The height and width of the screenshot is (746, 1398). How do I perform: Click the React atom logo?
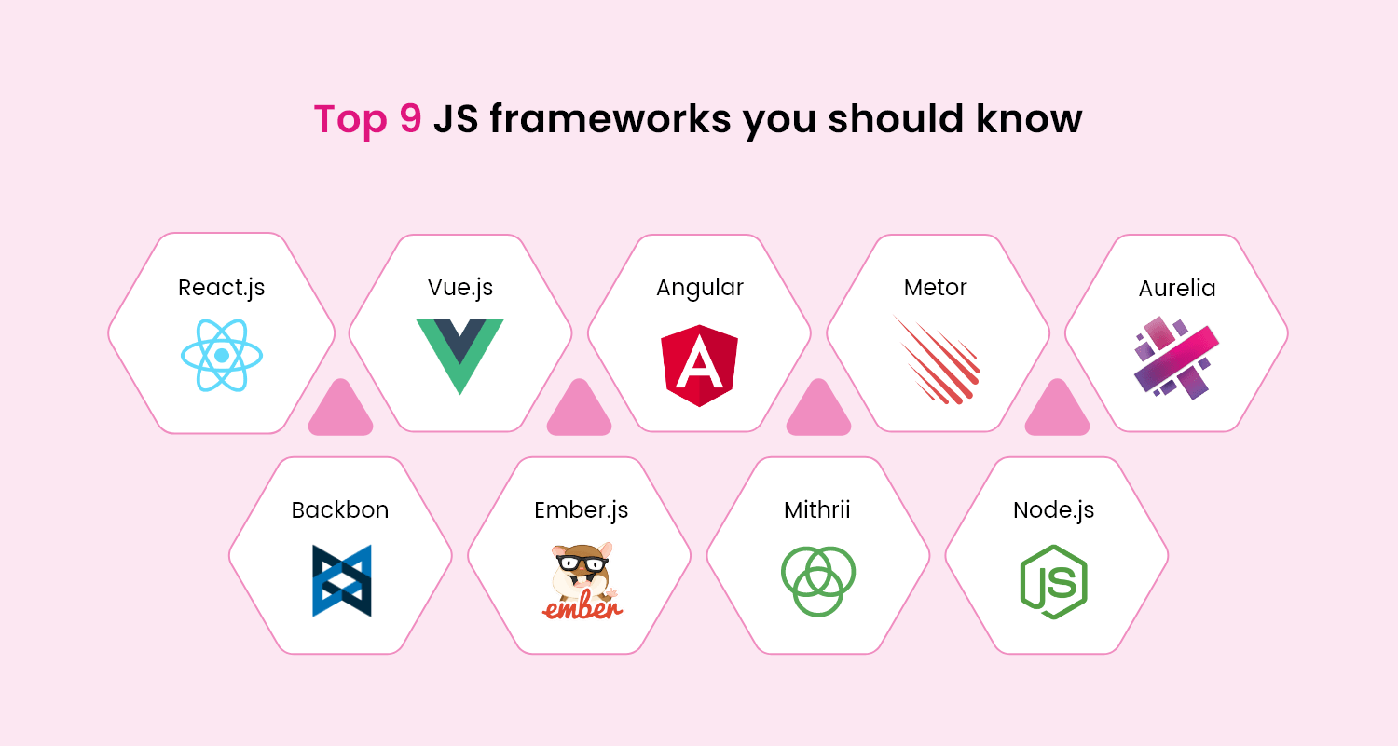click(x=222, y=356)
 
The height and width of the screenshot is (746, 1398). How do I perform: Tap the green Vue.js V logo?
click(x=460, y=356)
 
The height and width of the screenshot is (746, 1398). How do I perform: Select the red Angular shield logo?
click(x=700, y=365)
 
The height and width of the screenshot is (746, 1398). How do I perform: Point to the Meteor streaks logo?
click(x=937, y=359)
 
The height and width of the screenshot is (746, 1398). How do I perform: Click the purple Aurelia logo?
click(x=1176, y=358)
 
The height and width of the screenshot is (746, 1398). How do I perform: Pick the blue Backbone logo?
click(x=342, y=581)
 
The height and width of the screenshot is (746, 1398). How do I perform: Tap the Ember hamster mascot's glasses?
click(x=582, y=563)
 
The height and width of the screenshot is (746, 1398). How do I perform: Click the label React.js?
click(x=222, y=288)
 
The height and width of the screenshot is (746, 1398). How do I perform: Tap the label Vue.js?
click(x=460, y=288)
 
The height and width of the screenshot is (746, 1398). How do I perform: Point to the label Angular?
click(x=700, y=288)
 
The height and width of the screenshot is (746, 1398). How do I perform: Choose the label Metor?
click(x=936, y=288)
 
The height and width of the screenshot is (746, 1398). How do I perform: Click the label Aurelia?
click(x=1177, y=288)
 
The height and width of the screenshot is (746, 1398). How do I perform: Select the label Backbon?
click(x=340, y=510)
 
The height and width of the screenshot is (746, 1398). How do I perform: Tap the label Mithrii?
click(x=817, y=510)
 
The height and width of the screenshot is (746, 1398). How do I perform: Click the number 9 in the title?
click(x=411, y=118)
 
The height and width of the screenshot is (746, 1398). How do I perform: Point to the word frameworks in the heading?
click(x=610, y=118)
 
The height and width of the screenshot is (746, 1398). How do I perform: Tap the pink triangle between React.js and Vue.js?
click(x=341, y=408)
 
